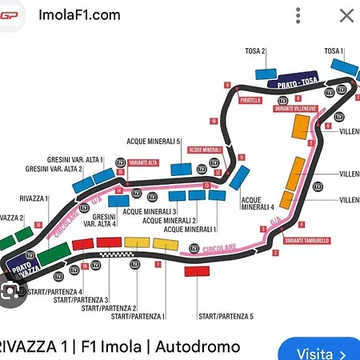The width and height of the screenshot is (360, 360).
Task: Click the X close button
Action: (x=346, y=15)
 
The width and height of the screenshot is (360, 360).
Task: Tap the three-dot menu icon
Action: (x=298, y=15)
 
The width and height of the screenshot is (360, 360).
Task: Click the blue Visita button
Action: (x=318, y=352)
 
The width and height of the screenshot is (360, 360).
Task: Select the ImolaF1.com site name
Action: (x=79, y=14)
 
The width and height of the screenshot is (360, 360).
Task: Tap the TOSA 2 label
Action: (x=256, y=51)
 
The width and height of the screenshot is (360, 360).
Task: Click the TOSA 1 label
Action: (x=334, y=51)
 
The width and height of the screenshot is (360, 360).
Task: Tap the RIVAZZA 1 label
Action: (x=34, y=198)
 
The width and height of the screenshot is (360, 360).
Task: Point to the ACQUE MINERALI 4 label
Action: (x=258, y=203)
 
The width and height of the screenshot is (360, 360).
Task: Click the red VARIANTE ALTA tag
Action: (x=142, y=162)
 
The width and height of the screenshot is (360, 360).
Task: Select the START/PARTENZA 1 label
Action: (x=138, y=317)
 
